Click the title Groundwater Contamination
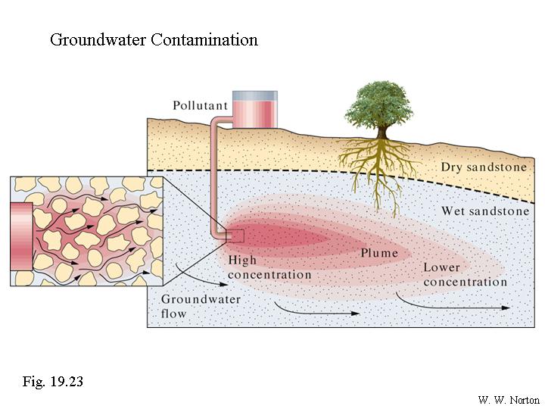(x=154, y=39)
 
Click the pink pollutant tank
(x=254, y=109)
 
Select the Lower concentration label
(x=465, y=275)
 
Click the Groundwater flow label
(x=201, y=305)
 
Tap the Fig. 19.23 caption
(x=52, y=381)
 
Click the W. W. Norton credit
(x=509, y=400)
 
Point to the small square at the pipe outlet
(x=235, y=236)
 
